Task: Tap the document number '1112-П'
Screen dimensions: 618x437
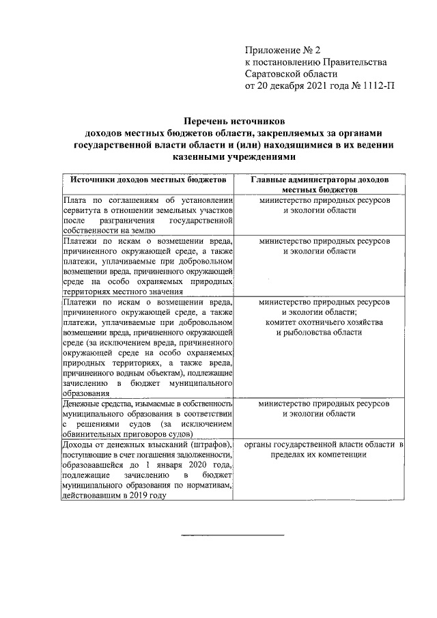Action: tap(380, 87)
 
